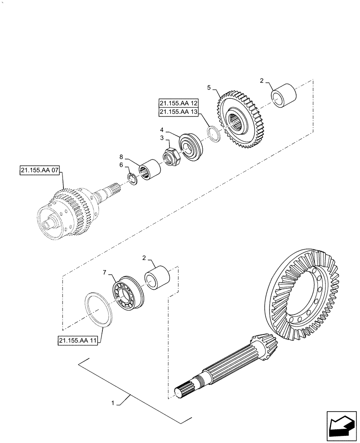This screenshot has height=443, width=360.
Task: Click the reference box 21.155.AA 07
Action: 39,171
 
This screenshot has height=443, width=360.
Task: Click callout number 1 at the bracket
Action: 114,403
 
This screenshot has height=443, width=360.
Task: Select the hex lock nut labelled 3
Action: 171,156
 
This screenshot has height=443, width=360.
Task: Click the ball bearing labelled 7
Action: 126,294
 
